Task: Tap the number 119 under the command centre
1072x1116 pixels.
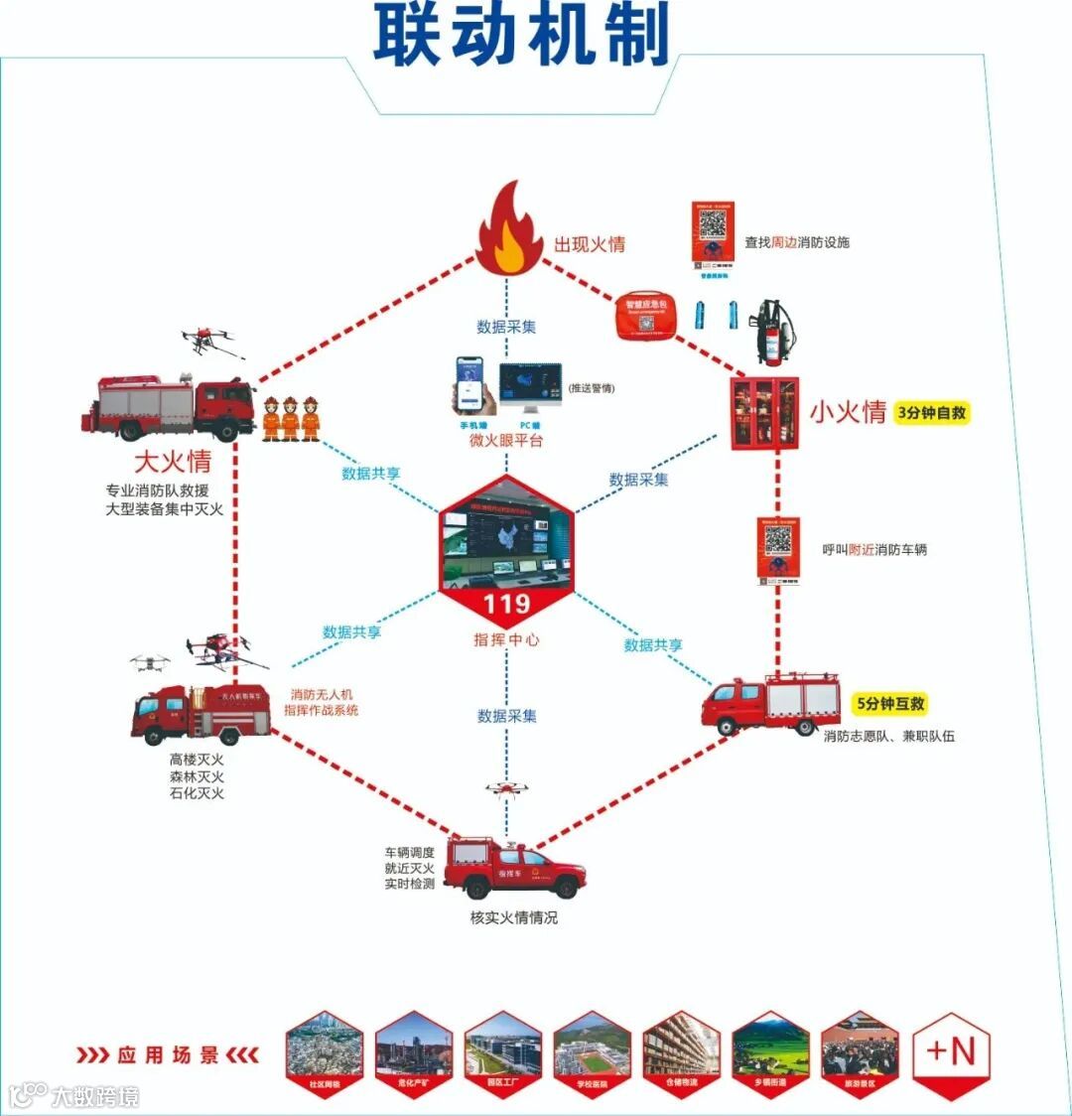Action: (506, 604)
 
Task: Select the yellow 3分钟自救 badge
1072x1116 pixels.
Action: (931, 412)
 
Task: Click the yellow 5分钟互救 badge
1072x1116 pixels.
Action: (890, 703)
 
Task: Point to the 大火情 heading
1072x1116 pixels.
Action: (173, 462)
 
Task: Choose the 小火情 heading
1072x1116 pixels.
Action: (848, 412)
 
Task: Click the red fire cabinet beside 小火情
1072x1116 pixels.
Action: (763, 413)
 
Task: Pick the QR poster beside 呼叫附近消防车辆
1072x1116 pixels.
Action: (779, 549)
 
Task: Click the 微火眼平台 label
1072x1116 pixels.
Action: (506, 441)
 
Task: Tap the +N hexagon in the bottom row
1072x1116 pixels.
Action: (950, 1053)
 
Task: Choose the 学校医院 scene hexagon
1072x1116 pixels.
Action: (593, 1053)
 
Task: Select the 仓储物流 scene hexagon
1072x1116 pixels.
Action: (682, 1053)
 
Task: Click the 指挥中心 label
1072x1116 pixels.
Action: (506, 640)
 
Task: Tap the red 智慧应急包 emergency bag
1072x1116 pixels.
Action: (645, 317)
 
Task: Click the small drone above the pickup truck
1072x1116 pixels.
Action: (506, 788)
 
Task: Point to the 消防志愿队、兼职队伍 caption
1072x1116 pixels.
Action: (888, 737)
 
